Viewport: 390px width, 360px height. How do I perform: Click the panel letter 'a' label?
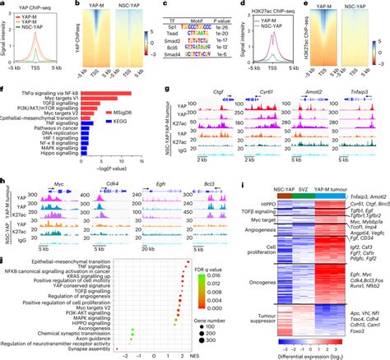tap(3, 4)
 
